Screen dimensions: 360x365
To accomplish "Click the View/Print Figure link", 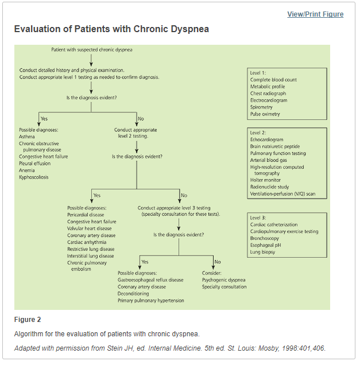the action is (315, 14).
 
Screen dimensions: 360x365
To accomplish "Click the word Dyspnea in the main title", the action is (190, 29).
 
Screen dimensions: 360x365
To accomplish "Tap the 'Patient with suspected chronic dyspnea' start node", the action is (92, 49).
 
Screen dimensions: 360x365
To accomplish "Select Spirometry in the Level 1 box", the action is (261, 107).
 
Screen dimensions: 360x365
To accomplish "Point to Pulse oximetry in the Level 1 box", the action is (265, 114).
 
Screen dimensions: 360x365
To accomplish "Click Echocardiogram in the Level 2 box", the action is (266, 139).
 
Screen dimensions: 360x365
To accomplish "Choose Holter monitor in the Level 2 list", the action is (265, 180).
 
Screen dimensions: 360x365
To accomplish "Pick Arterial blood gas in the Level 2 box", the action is (269, 160).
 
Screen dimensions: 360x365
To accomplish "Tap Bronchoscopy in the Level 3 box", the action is (264, 238).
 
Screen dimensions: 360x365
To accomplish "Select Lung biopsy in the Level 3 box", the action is (262, 252).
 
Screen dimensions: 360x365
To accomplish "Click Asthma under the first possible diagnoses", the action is (27, 137).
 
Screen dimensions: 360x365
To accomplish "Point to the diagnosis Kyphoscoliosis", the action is (34, 177).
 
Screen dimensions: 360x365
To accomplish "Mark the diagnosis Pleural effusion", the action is (34, 164).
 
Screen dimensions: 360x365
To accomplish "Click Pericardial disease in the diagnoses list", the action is (86, 215).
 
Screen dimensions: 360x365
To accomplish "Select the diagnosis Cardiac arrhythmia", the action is (87, 242).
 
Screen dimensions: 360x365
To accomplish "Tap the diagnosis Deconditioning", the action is (133, 293).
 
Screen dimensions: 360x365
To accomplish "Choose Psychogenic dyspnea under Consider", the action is (223, 280).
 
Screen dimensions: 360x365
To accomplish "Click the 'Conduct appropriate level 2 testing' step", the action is (136, 133).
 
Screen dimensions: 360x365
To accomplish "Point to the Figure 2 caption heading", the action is (28, 320).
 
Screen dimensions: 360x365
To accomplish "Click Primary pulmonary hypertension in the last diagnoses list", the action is (150, 301).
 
